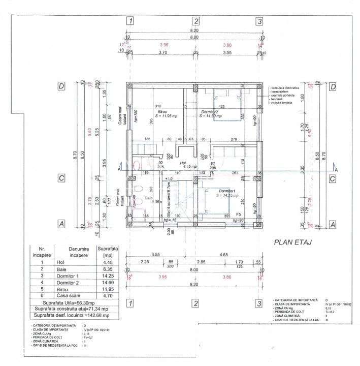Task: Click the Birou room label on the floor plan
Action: tap(162, 111)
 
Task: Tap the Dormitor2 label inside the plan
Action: tap(209, 111)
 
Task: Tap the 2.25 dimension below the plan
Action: tap(145, 263)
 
